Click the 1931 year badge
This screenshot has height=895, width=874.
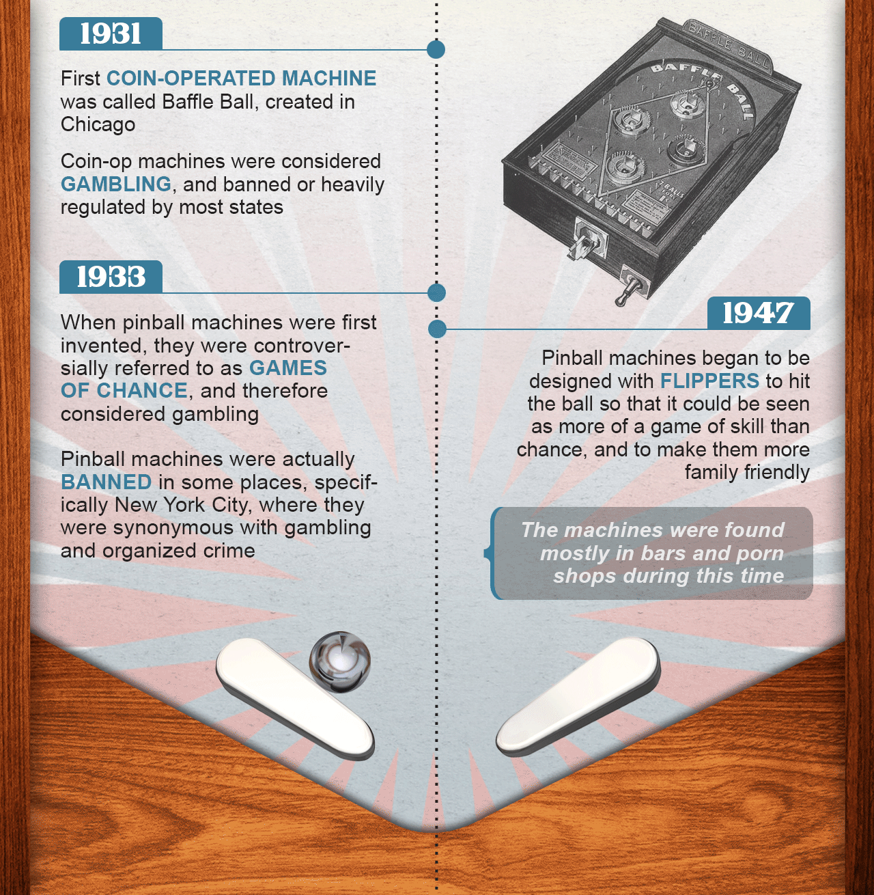[x=111, y=33]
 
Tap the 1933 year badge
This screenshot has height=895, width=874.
[x=111, y=277]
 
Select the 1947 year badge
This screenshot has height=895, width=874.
[x=759, y=313]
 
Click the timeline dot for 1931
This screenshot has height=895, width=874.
[x=436, y=49]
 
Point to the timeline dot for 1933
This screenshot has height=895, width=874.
[x=436, y=292]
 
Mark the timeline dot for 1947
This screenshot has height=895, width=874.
[x=437, y=329]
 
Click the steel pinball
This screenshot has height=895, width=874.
[x=340, y=662]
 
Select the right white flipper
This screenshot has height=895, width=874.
[x=578, y=696]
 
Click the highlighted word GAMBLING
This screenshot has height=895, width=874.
[x=116, y=184]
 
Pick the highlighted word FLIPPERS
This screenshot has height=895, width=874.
[x=709, y=381]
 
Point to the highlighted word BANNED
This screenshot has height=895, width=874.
[x=107, y=482]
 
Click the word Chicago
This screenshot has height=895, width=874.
[x=98, y=124]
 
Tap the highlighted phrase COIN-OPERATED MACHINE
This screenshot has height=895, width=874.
[x=241, y=78]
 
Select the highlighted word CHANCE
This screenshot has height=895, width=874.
[x=141, y=391]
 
